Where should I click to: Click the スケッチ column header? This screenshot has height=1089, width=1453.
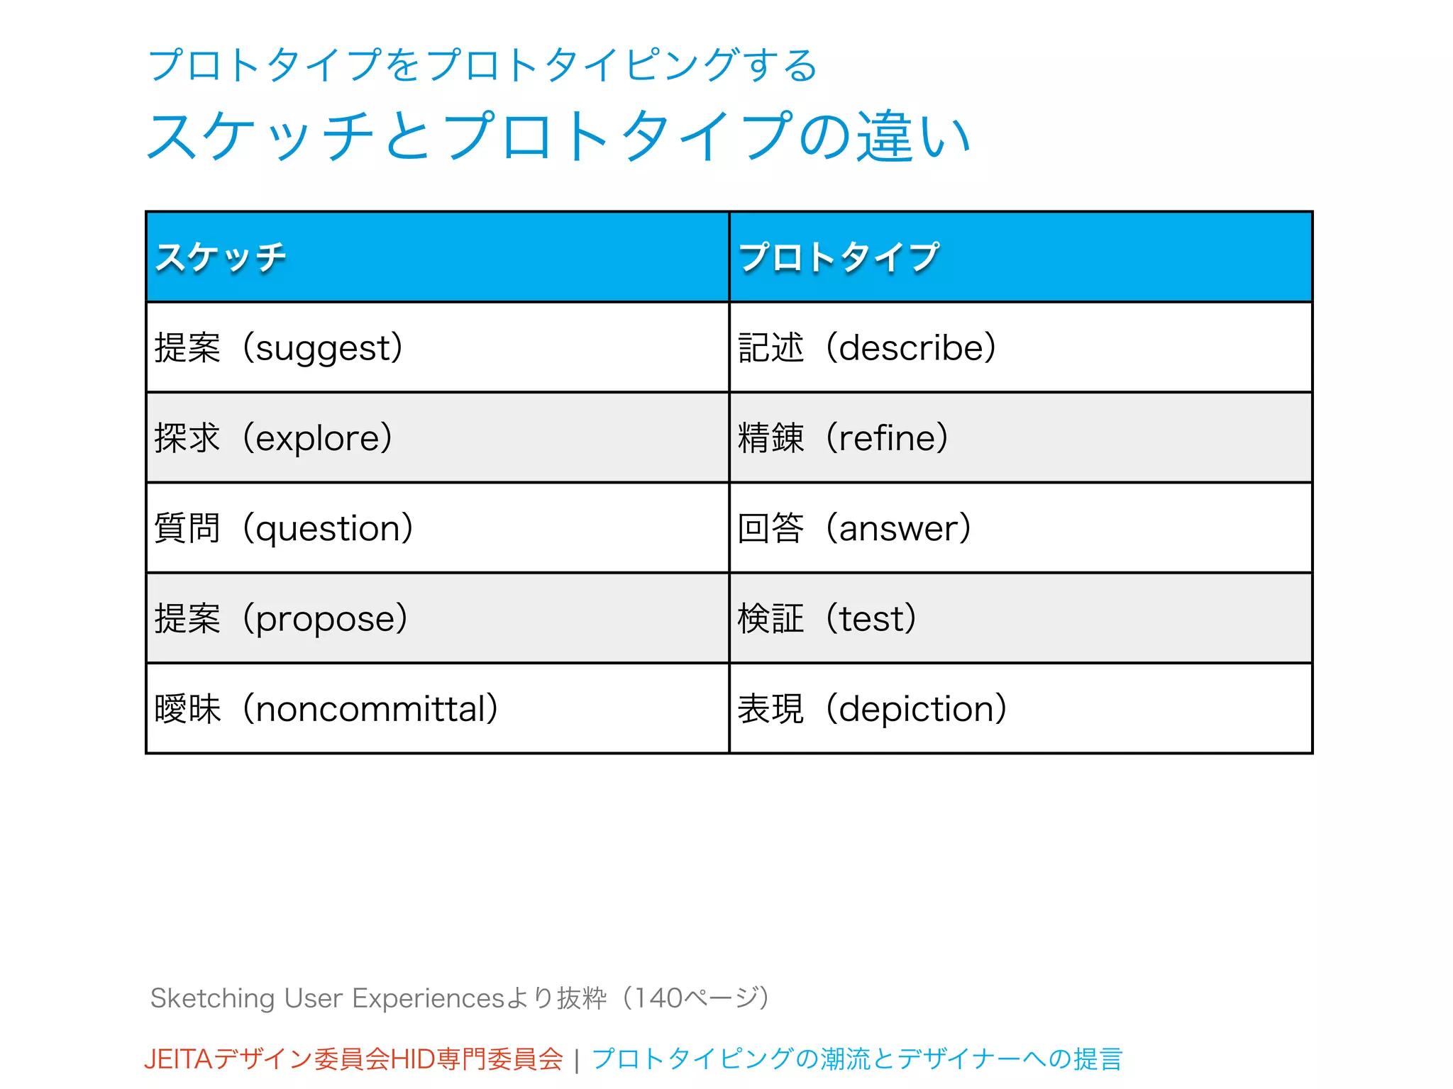click(221, 257)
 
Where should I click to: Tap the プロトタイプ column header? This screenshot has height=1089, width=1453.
click(839, 257)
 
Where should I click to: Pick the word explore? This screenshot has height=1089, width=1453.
click(318, 438)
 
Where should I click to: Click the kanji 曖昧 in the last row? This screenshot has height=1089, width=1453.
click(187, 709)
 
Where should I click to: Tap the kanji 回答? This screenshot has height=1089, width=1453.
click(770, 529)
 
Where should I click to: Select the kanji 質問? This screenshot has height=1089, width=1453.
click(187, 529)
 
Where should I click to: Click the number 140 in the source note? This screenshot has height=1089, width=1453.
click(658, 998)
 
